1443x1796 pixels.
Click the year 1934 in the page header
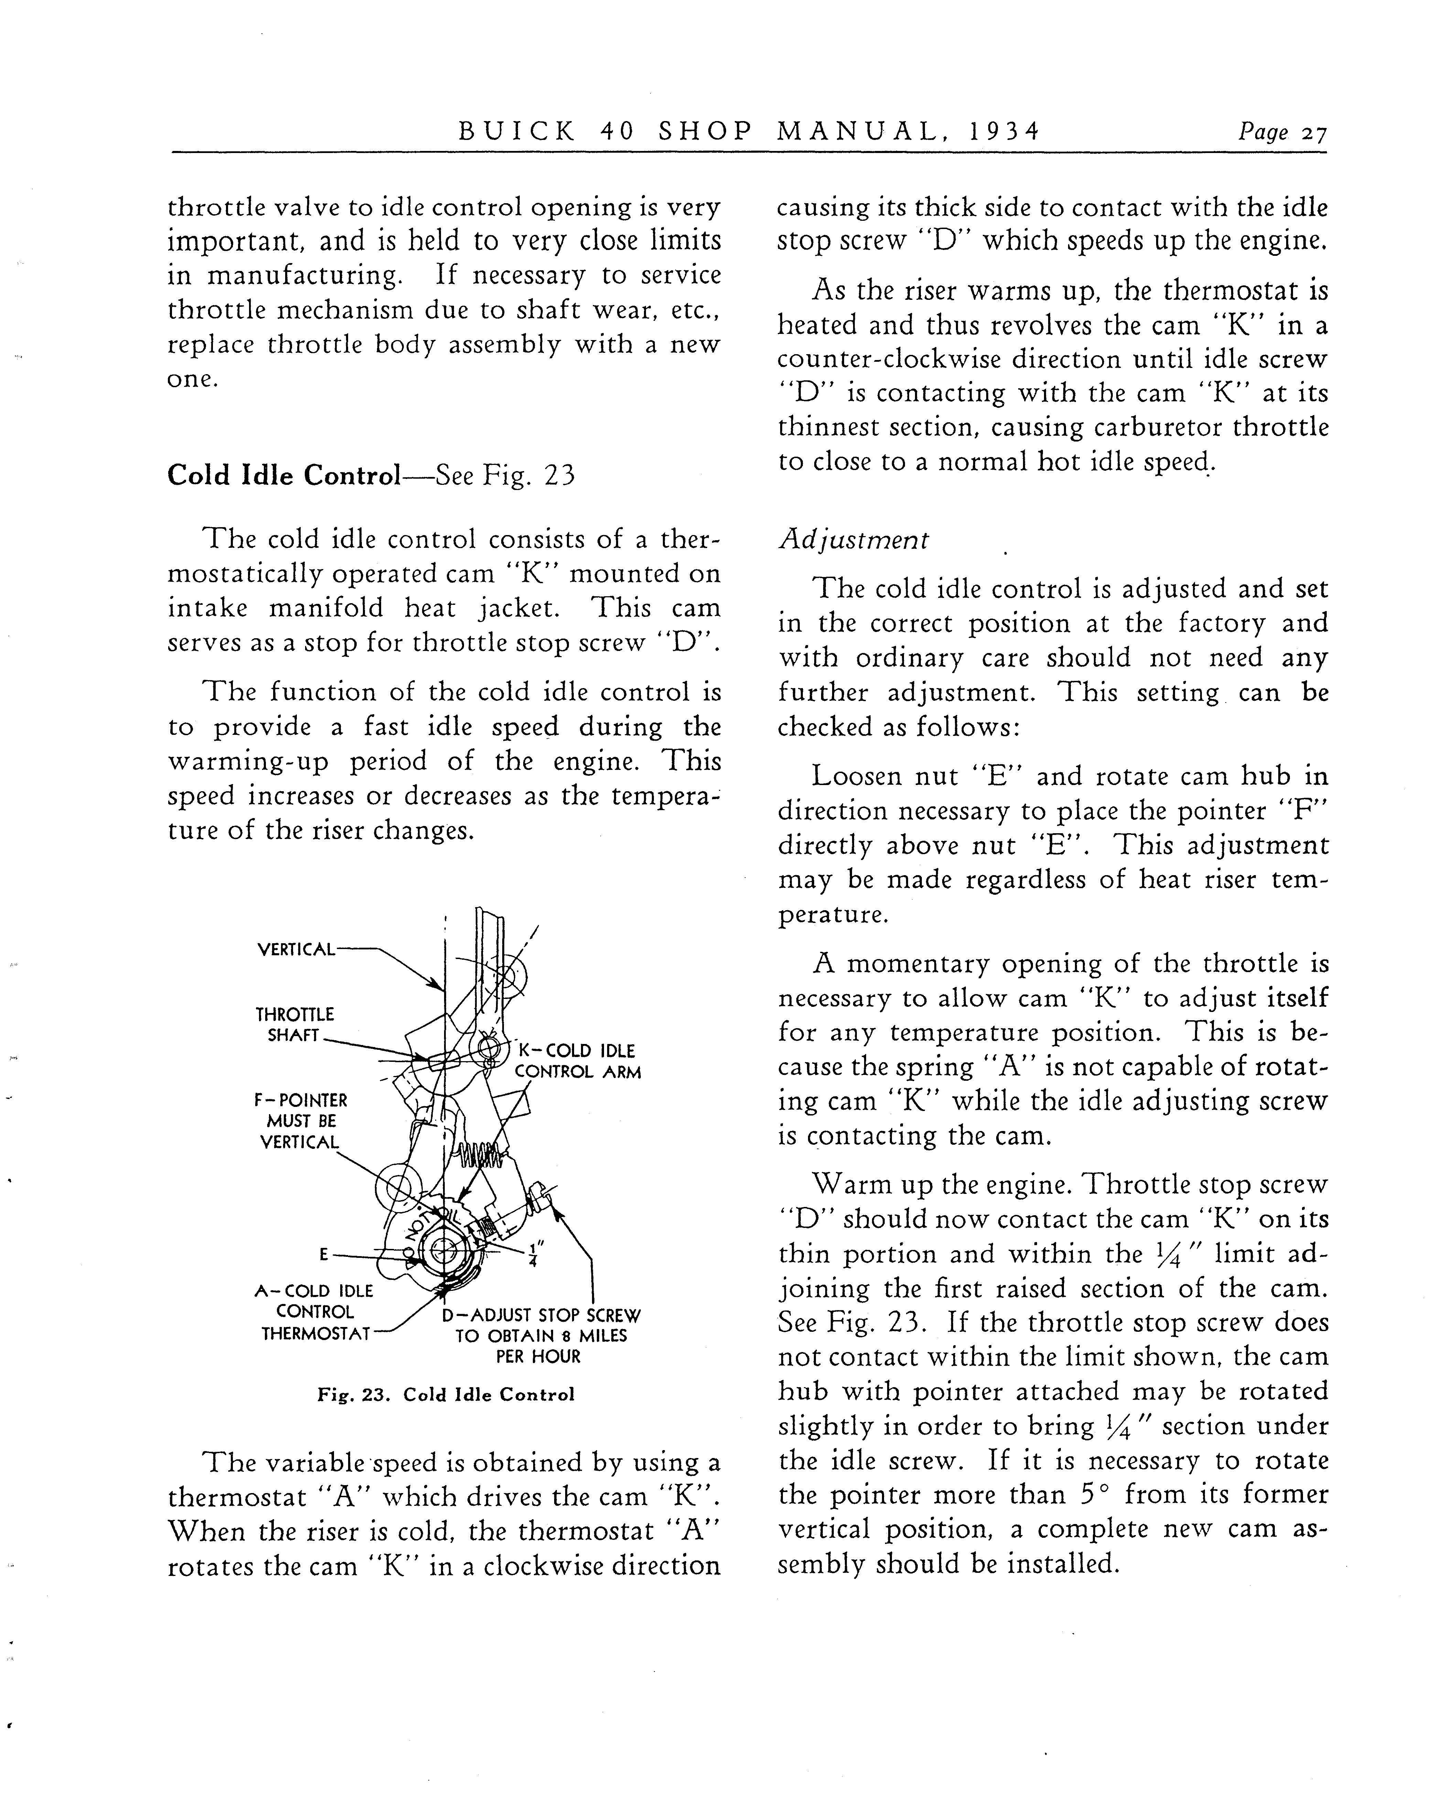[x=1005, y=132]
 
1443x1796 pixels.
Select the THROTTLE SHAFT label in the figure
[x=294, y=1025]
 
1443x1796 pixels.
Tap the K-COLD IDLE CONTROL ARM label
[x=577, y=1061]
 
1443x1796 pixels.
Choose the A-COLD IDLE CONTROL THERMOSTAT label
[x=314, y=1312]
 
